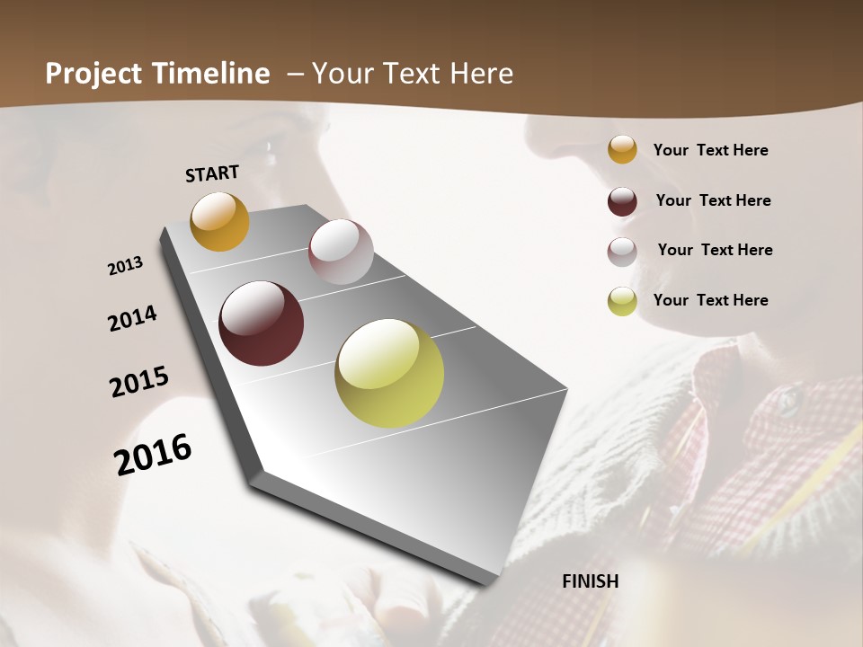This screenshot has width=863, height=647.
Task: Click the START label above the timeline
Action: point(212,173)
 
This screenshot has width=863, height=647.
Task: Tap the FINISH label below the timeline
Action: point(590,581)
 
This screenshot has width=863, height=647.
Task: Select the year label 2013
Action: point(126,266)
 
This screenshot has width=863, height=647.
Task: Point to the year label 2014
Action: point(132,318)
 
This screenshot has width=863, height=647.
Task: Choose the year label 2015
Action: point(139,382)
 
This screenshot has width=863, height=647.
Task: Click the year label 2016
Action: point(153,454)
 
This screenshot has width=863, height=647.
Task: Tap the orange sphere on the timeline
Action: point(219,221)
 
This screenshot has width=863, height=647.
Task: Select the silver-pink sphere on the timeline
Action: point(341,252)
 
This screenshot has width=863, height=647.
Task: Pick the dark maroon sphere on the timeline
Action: point(261,323)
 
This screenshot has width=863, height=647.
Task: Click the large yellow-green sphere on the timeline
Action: point(389,373)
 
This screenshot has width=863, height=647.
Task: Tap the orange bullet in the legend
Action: point(622,150)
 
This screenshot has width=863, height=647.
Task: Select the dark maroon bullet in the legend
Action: point(622,201)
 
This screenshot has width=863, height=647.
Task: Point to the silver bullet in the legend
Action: point(622,252)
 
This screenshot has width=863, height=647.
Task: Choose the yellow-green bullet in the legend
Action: point(622,301)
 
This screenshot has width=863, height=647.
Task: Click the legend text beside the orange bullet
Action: point(710,151)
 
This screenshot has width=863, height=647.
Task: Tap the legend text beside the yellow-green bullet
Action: point(710,300)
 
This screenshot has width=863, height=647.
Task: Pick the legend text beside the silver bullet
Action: point(715,250)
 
